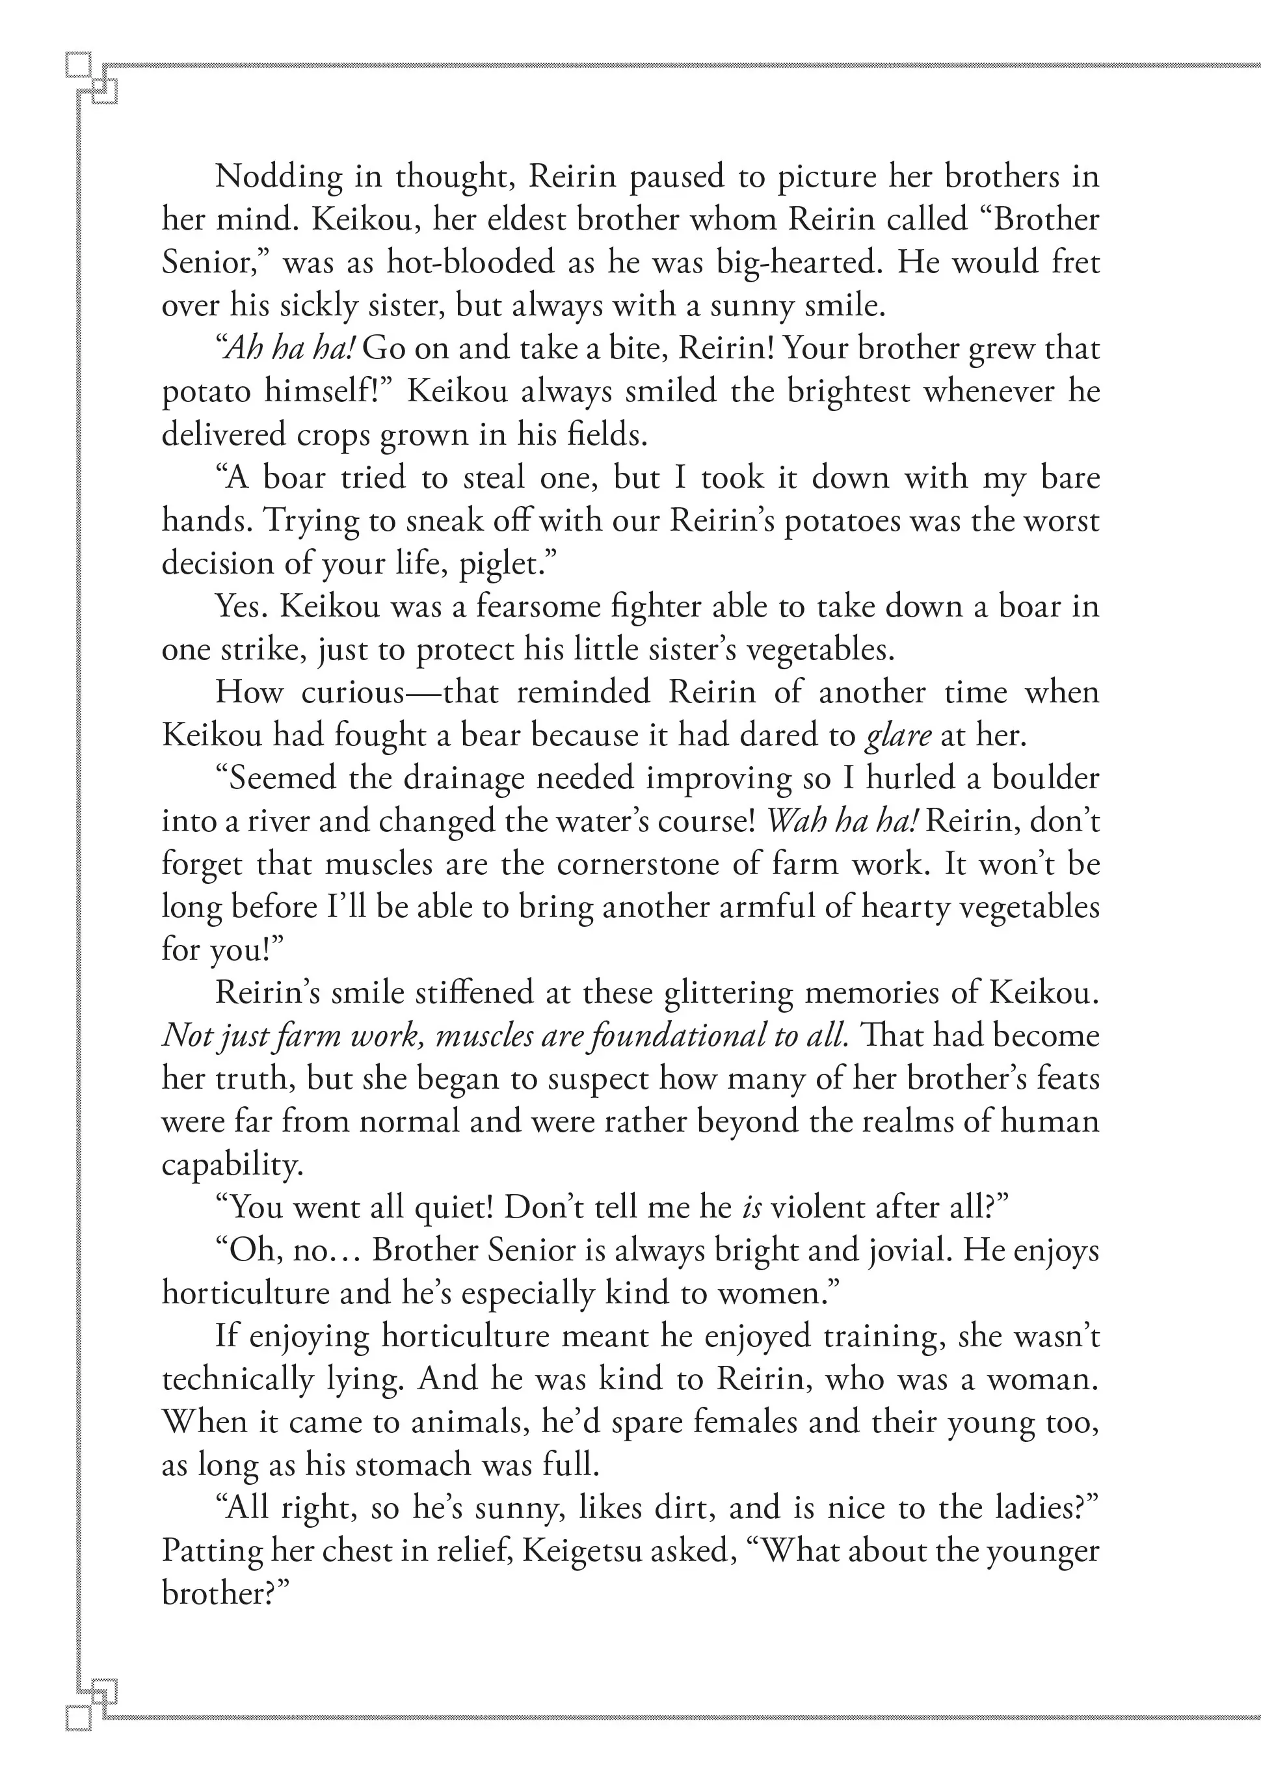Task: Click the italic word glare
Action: pyautogui.click(x=897, y=736)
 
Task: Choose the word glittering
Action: pyautogui.click(x=728, y=993)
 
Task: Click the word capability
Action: pyautogui.click(x=231, y=1165)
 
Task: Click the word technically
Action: pyautogui.click(x=237, y=1379)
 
